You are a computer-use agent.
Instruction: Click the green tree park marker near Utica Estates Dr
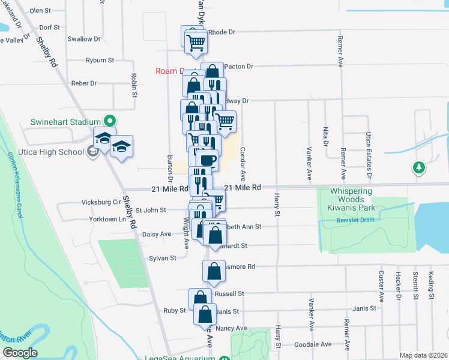pos(418,167)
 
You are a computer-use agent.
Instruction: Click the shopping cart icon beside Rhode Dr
pos(196,41)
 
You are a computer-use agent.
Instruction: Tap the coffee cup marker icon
pos(207,160)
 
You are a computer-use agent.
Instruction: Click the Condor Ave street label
pos(243,164)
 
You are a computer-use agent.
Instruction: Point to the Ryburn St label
pos(100,60)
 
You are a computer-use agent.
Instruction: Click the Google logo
pos(20,353)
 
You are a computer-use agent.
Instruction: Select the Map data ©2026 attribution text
pos(423,355)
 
